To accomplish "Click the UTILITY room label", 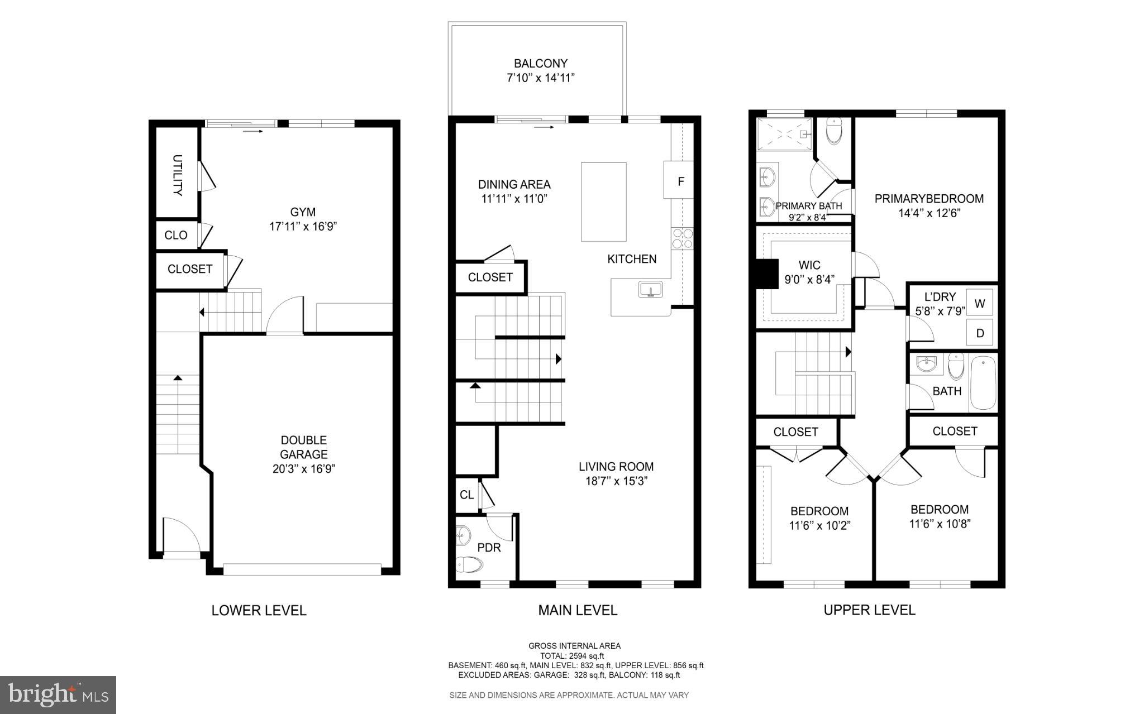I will [178, 175].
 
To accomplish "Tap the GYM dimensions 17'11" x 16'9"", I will [303, 227].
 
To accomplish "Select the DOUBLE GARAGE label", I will [303, 447].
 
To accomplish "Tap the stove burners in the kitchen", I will [683, 238].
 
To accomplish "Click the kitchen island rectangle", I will [603, 202].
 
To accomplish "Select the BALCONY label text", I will [541, 64].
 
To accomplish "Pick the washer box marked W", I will [980, 304].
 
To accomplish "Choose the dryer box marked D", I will [980, 333].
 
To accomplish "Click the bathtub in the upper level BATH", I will [983, 383].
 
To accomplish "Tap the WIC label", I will [809, 265].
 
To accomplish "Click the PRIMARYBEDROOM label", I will [929, 198].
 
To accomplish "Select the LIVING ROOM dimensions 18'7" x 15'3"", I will [616, 481].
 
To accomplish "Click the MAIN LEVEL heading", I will [578, 610].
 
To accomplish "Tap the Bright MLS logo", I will [58, 694].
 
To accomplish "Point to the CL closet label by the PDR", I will [466, 495].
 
